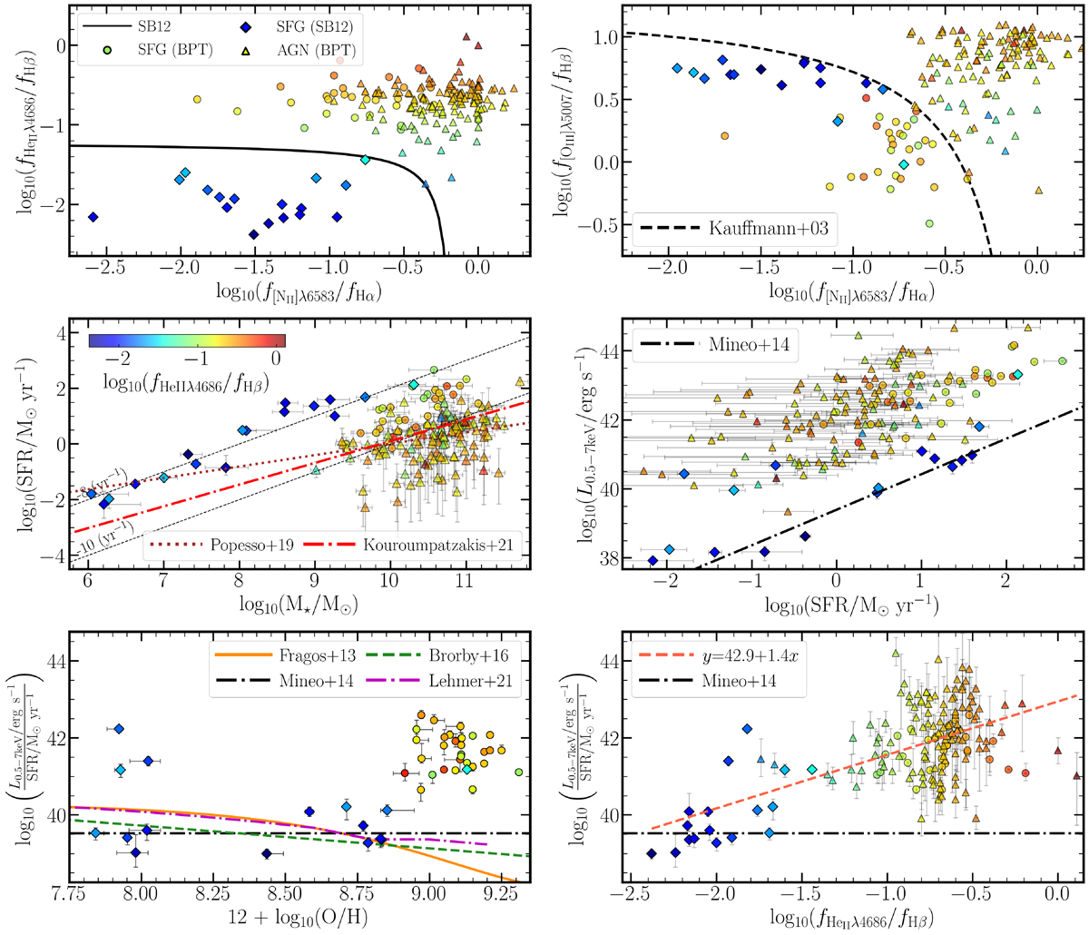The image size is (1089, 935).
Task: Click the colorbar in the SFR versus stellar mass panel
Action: [187, 341]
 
